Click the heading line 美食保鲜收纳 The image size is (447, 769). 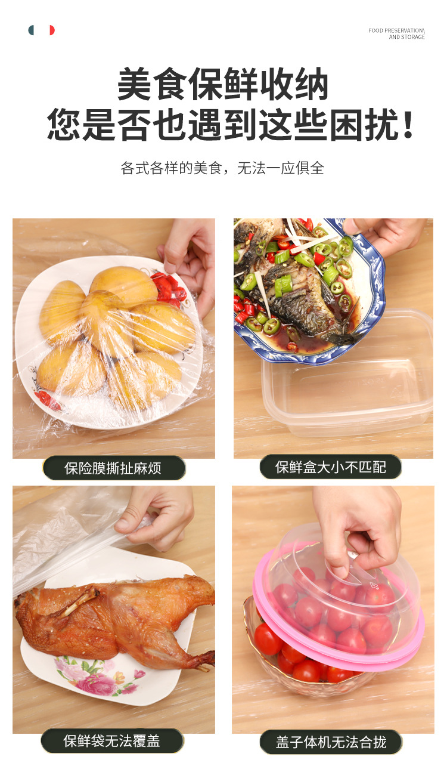[x=223, y=85]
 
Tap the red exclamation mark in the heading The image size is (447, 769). [x=408, y=125]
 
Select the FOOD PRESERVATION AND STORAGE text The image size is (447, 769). [x=396, y=33]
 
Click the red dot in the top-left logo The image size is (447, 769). [x=51, y=30]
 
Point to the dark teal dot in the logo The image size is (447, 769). [x=32, y=30]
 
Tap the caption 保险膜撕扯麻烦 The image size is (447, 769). [x=113, y=468]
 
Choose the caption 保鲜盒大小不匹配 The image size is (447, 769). [x=330, y=467]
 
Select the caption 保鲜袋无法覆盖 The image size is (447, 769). [x=112, y=740]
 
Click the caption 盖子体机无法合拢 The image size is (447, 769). [x=331, y=742]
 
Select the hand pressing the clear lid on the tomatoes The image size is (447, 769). [x=358, y=525]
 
